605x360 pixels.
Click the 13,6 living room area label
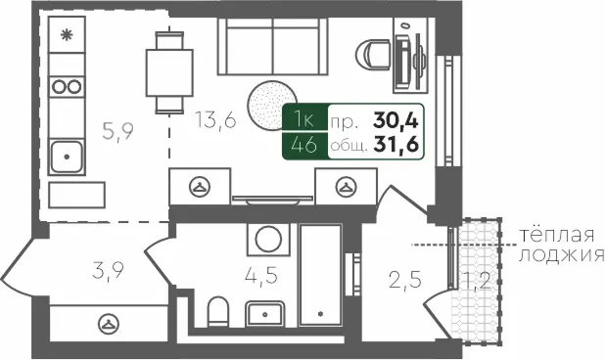click(215, 123)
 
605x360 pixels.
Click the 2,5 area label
click(404, 285)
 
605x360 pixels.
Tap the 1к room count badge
click(304, 120)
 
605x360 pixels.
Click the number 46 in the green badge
click(304, 147)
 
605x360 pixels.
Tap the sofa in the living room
click(272, 46)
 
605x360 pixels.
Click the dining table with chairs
click(167, 68)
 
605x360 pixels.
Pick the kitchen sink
click(67, 155)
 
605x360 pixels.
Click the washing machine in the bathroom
click(265, 240)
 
